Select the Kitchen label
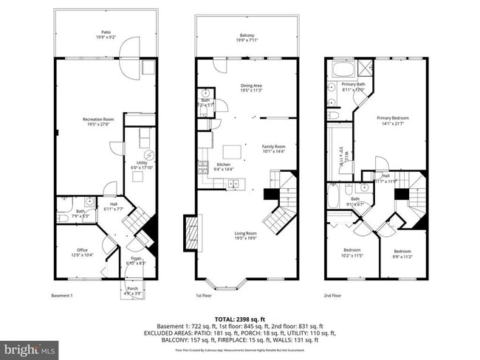224,166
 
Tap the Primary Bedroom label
392,120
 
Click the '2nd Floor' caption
332,295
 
